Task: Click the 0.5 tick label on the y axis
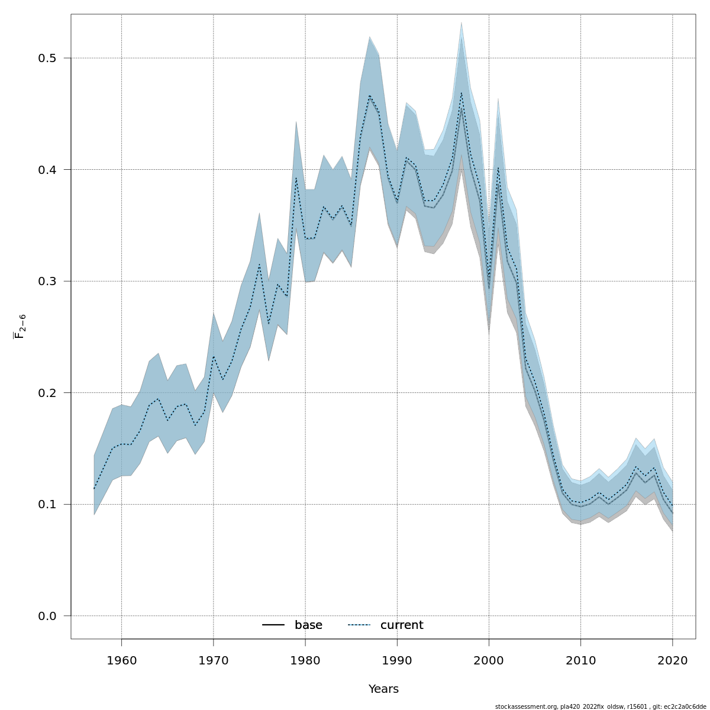[47, 58]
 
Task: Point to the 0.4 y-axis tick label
[47, 170]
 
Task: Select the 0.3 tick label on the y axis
[47, 281]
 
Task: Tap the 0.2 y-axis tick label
[47, 393]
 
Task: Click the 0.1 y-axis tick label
[47, 504]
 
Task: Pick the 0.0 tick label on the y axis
[47, 616]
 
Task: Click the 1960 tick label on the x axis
[121, 660]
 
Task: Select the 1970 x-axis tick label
[213, 660]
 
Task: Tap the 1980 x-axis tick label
[305, 660]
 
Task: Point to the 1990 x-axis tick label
[397, 660]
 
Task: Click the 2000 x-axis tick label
[489, 660]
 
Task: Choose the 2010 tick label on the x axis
[581, 660]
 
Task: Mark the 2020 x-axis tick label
[673, 660]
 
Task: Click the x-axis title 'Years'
[383, 689]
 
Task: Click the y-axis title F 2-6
[19, 327]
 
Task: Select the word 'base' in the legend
[308, 625]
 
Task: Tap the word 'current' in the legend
[402, 625]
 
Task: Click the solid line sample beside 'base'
[273, 625]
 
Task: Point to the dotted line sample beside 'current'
[359, 625]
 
